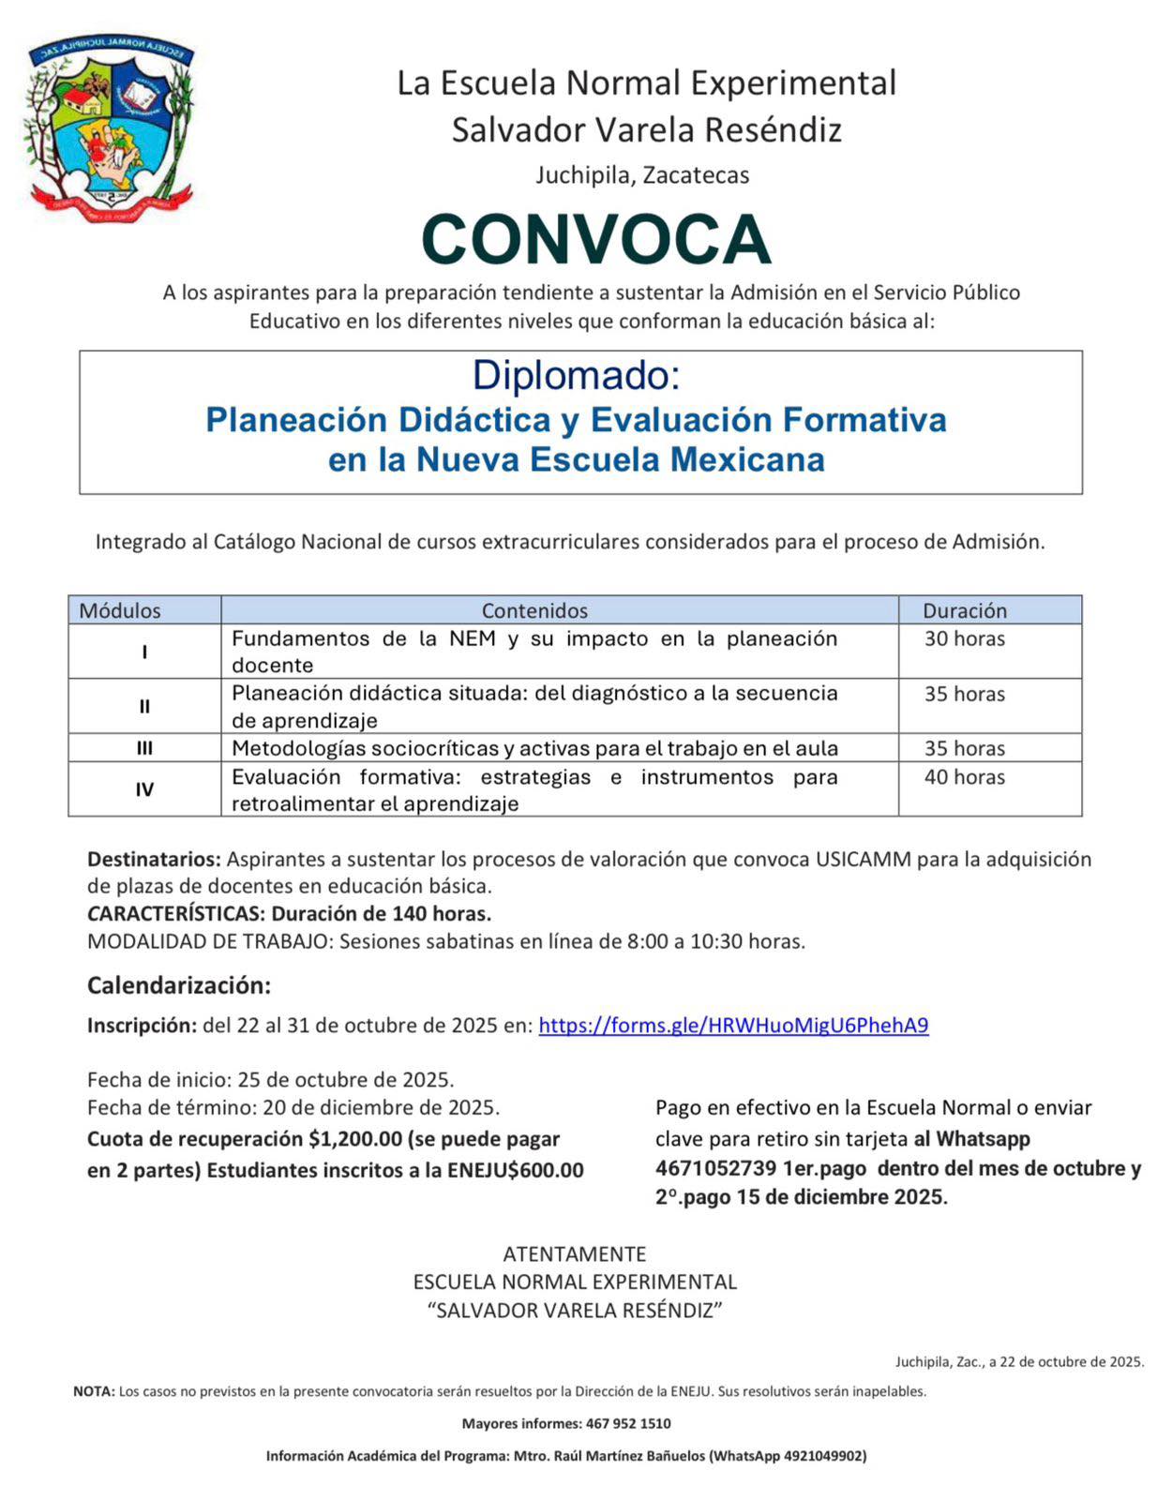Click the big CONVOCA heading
595,239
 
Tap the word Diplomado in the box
576,375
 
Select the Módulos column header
120,610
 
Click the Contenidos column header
534,610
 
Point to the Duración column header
964,610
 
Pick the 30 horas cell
964,639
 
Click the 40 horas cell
964,777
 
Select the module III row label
144,748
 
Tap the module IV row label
144,789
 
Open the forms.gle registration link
733,1026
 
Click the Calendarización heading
178,985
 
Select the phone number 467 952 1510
628,1423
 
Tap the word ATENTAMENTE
575,1254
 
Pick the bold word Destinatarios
154,860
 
